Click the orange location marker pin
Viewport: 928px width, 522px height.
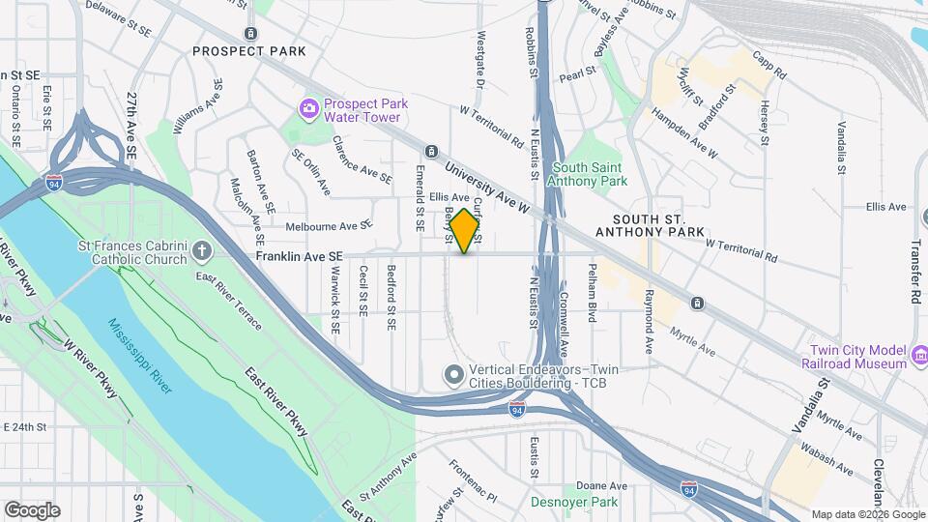(464, 230)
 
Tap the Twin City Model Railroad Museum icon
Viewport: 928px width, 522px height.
(919, 357)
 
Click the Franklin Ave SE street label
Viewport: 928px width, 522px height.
(300, 256)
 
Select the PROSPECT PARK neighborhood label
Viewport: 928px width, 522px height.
(248, 51)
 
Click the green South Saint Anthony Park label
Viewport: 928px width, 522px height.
(589, 174)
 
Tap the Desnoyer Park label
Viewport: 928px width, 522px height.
(573, 502)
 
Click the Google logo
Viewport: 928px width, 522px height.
(32, 509)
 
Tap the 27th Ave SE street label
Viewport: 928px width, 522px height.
(130, 126)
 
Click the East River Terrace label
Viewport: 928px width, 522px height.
(228, 301)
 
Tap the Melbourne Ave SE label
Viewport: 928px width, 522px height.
(329, 226)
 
